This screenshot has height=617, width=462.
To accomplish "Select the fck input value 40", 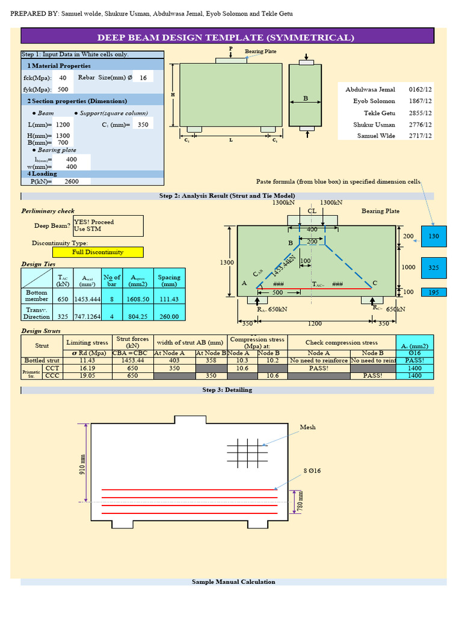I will (63, 78).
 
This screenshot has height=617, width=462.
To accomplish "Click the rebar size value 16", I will (143, 78).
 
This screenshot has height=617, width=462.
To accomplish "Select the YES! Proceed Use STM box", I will (108, 225).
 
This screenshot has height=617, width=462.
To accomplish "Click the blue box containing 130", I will (434, 237).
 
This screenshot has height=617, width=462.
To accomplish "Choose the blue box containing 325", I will (434, 267).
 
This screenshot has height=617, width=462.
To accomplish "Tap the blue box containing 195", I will (434, 292).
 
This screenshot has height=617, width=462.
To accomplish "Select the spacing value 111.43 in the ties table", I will (168, 299).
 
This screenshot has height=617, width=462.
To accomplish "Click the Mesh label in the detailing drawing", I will (307, 427).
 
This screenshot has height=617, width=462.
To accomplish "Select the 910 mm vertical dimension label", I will (83, 464).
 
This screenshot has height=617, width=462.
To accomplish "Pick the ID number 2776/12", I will (420, 125).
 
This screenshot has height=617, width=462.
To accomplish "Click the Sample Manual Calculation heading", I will (233, 581).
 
